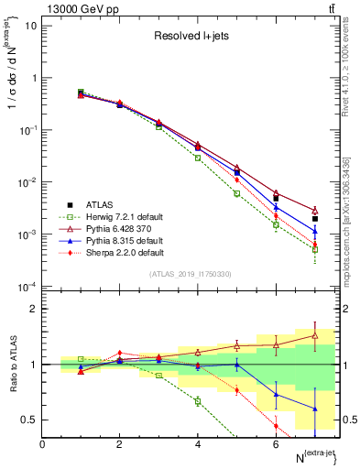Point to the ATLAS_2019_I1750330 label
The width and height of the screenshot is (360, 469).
click(x=191, y=274)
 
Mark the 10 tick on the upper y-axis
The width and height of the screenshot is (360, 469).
click(x=32, y=25)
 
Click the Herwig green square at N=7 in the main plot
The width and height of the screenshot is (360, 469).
click(x=314, y=249)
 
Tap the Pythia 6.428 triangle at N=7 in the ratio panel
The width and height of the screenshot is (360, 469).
click(x=314, y=335)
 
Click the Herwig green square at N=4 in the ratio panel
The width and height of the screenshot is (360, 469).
click(x=198, y=401)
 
